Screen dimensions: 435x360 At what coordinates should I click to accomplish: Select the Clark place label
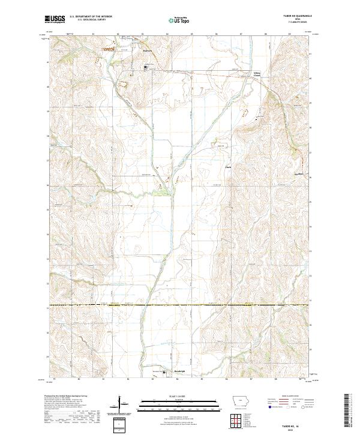pos(228,167)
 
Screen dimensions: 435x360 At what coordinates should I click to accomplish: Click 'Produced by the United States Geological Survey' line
pos(68,396)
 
